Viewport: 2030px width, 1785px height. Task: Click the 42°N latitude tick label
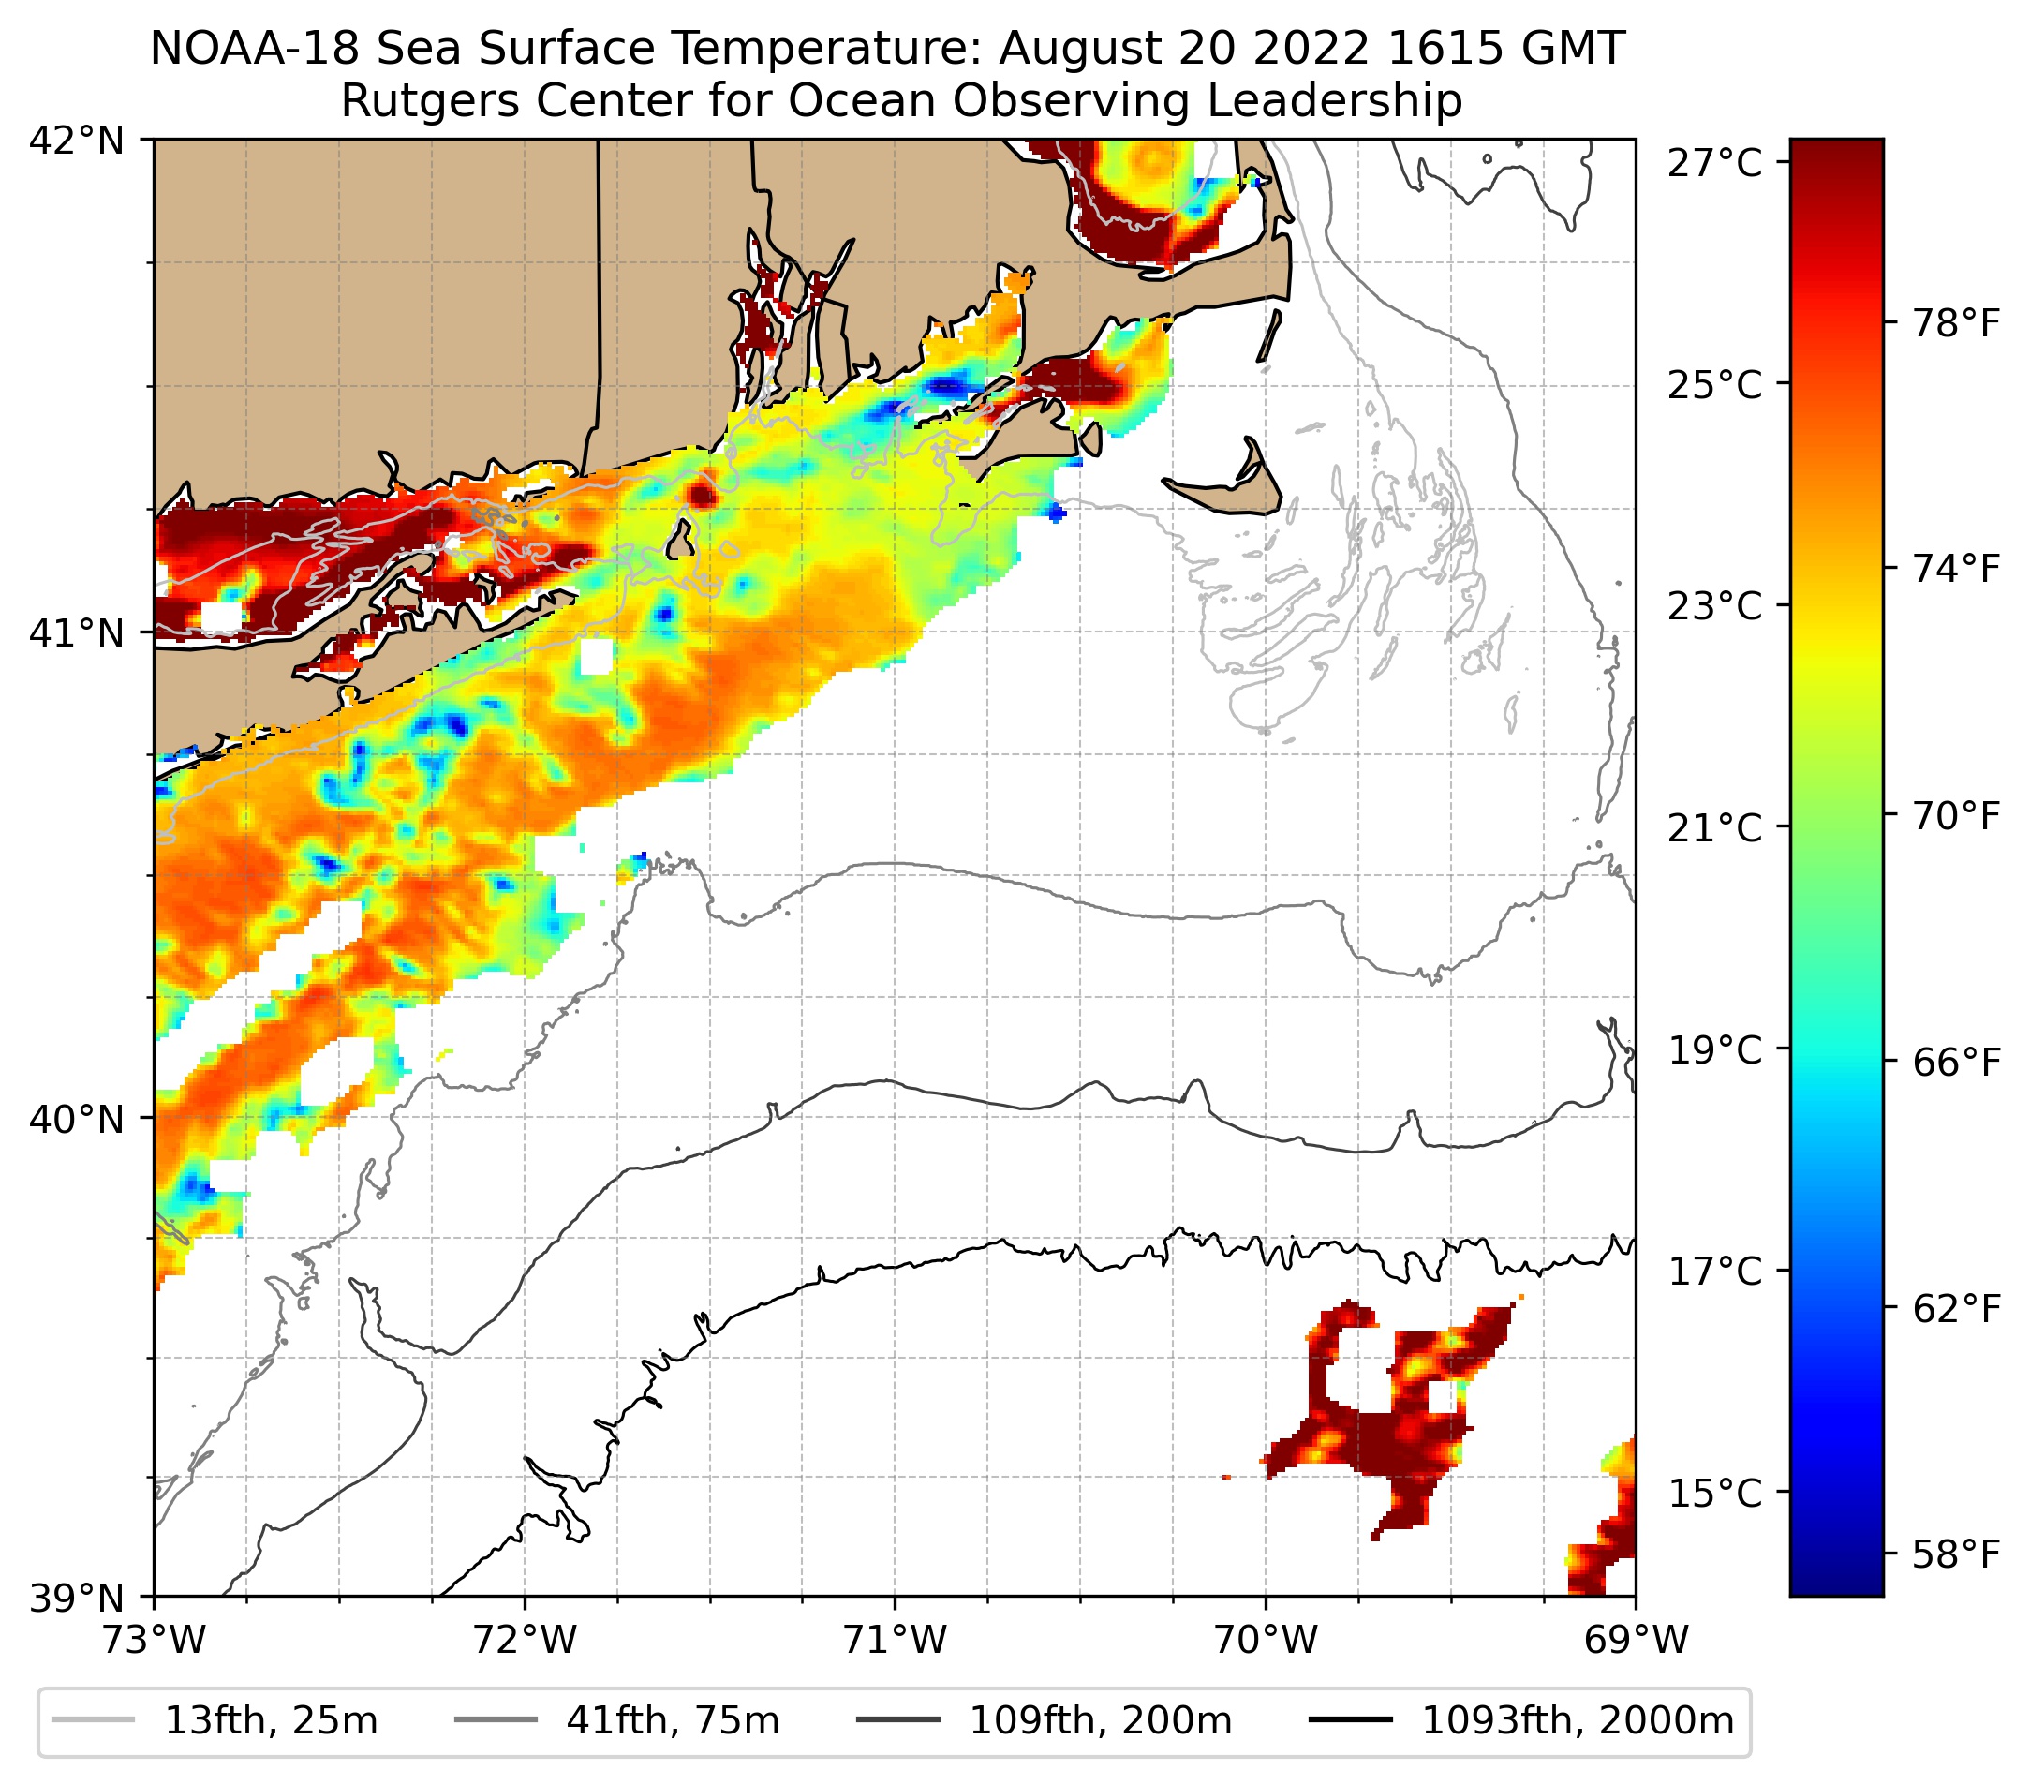[x=77, y=142]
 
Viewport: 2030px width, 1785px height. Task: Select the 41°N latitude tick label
[x=77, y=632]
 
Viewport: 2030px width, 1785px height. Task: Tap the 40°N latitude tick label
[x=77, y=1120]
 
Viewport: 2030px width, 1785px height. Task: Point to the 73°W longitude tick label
[x=154, y=1640]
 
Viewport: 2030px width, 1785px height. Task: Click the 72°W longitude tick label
[x=525, y=1640]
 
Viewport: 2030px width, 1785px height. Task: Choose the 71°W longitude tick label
[x=895, y=1640]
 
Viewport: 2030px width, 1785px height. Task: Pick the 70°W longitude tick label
[x=1267, y=1640]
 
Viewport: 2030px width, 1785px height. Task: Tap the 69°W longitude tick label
[x=1636, y=1640]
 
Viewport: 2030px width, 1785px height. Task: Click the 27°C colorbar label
[x=1715, y=163]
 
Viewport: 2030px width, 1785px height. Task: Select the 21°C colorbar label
[x=1715, y=827]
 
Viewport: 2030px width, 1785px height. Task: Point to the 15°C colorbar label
[x=1715, y=1493]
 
